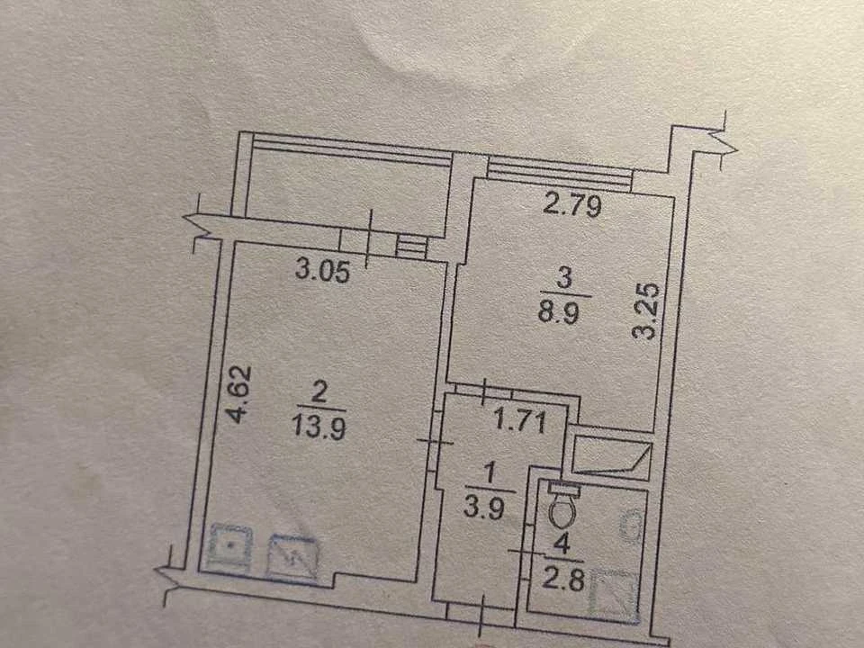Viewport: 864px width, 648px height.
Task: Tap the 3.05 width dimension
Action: pos(322,271)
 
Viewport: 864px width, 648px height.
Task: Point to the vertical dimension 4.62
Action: pos(241,394)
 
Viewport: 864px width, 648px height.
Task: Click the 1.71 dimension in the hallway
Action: pos(520,421)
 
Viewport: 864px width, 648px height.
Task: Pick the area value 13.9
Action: pos(319,427)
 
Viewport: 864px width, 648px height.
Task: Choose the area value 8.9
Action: pos(558,313)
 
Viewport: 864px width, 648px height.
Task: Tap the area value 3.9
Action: pos(484,508)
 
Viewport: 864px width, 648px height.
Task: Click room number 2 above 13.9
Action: pos(319,393)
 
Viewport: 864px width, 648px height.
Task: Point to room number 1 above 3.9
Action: pos(490,473)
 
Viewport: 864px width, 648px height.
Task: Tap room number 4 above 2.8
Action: pos(562,545)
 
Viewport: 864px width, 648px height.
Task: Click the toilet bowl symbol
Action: pos(562,510)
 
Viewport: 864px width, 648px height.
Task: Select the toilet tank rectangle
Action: pos(563,488)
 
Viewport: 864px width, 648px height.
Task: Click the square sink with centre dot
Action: pos(231,547)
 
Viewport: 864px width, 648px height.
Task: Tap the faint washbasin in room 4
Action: pos(630,524)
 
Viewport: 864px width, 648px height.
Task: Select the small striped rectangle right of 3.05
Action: pos(411,246)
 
